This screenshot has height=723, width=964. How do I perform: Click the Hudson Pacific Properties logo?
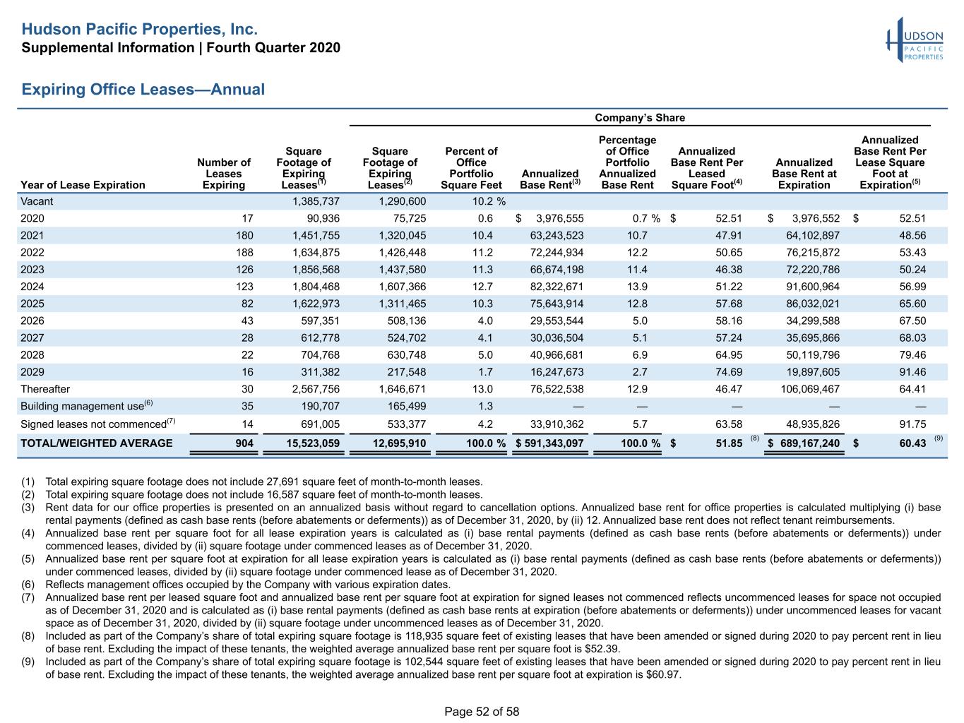(x=915, y=40)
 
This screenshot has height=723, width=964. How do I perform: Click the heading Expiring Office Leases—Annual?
(x=143, y=89)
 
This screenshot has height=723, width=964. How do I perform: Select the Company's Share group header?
(x=639, y=118)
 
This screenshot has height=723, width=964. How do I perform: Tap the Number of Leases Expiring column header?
(x=224, y=174)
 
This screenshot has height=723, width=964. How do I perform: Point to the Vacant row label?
(x=37, y=201)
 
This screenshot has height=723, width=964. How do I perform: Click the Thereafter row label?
(x=44, y=389)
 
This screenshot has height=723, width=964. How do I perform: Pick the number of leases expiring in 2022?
(x=244, y=252)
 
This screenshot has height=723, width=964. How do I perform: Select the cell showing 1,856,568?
(x=316, y=270)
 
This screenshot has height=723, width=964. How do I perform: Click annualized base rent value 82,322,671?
(x=557, y=287)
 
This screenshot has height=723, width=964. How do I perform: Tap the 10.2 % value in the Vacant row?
(x=489, y=201)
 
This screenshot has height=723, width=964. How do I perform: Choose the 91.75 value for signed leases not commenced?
(x=912, y=424)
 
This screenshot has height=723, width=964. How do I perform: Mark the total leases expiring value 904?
(x=244, y=443)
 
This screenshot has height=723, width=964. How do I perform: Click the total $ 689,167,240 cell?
(x=803, y=443)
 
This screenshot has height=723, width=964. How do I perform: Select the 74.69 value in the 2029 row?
(x=729, y=372)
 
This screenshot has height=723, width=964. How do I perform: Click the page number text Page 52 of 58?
(x=482, y=712)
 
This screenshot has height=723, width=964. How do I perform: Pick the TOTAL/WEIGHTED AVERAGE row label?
(x=97, y=443)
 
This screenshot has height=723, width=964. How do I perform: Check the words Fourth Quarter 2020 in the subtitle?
(x=273, y=47)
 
